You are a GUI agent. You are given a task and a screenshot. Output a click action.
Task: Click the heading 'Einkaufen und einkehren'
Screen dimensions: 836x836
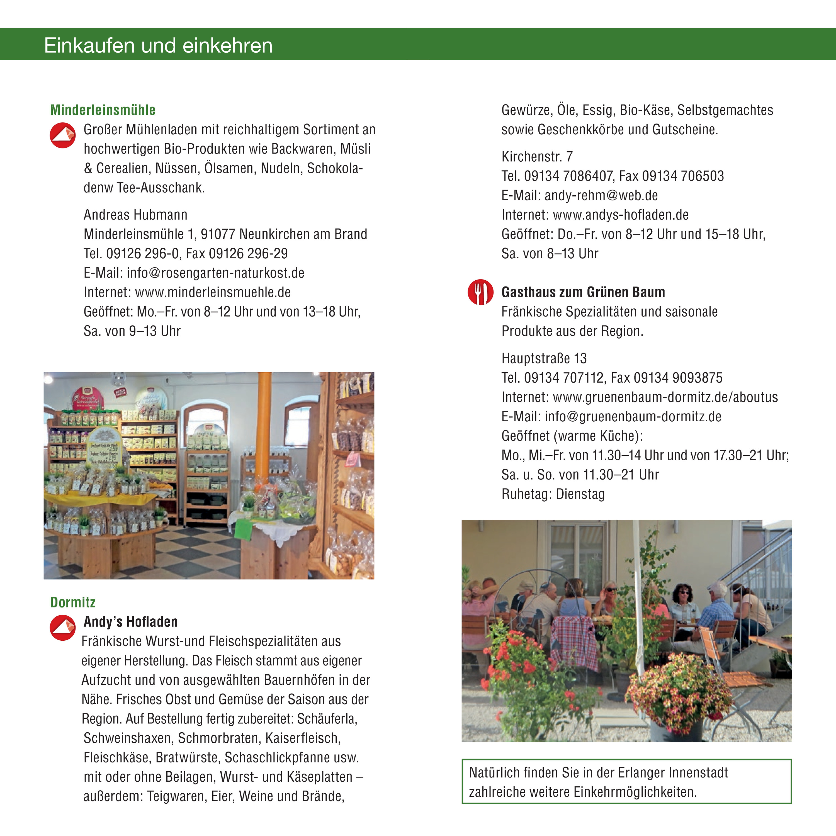tap(158, 45)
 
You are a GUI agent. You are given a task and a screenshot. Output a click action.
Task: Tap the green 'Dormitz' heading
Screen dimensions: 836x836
tap(73, 602)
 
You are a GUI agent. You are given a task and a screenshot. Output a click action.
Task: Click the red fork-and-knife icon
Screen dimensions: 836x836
tap(480, 292)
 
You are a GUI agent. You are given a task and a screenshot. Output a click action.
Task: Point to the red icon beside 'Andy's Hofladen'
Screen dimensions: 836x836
tap(63, 628)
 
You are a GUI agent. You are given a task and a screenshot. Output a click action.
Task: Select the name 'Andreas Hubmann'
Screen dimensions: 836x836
tap(135, 215)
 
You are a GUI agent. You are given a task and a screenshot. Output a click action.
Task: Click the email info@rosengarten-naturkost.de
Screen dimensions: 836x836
tap(215, 273)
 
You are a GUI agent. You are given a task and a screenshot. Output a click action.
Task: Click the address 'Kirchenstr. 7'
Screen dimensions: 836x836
tap(537, 157)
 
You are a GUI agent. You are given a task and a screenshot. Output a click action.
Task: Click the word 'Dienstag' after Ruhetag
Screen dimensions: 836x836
tap(580, 494)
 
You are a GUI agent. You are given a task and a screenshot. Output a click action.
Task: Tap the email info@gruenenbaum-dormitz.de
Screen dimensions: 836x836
tap(633, 417)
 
